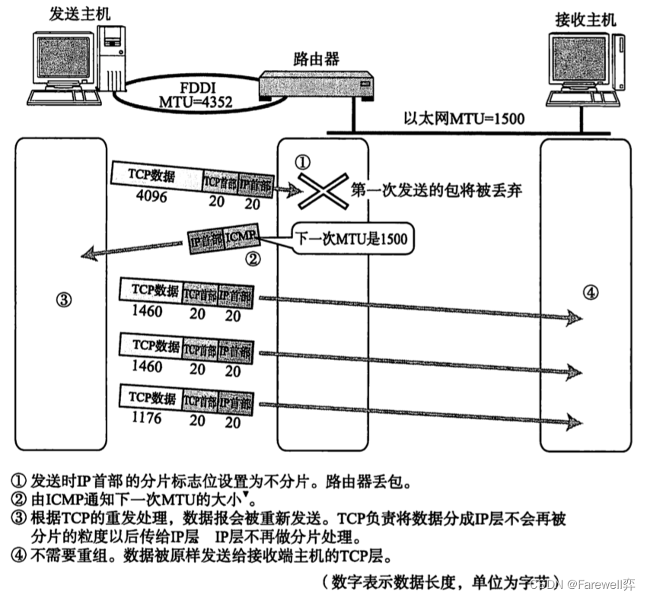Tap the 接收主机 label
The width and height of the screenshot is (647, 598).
[x=585, y=18]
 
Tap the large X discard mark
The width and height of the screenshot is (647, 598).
[x=319, y=191]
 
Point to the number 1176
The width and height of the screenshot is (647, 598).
[x=147, y=418]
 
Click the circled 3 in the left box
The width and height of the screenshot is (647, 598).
[x=64, y=299]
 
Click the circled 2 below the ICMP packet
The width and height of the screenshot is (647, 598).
[x=252, y=258]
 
